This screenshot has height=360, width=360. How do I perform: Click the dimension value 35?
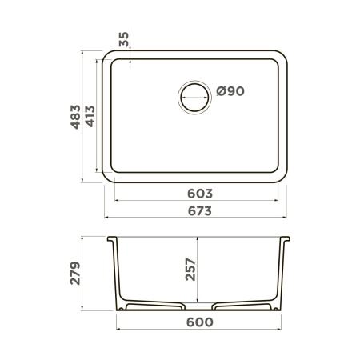click(123, 40)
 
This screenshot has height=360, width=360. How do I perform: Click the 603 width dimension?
click(199, 194)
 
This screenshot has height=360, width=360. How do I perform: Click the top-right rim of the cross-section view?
click(287, 239)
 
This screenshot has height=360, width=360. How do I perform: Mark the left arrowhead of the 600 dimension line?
click(119, 330)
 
